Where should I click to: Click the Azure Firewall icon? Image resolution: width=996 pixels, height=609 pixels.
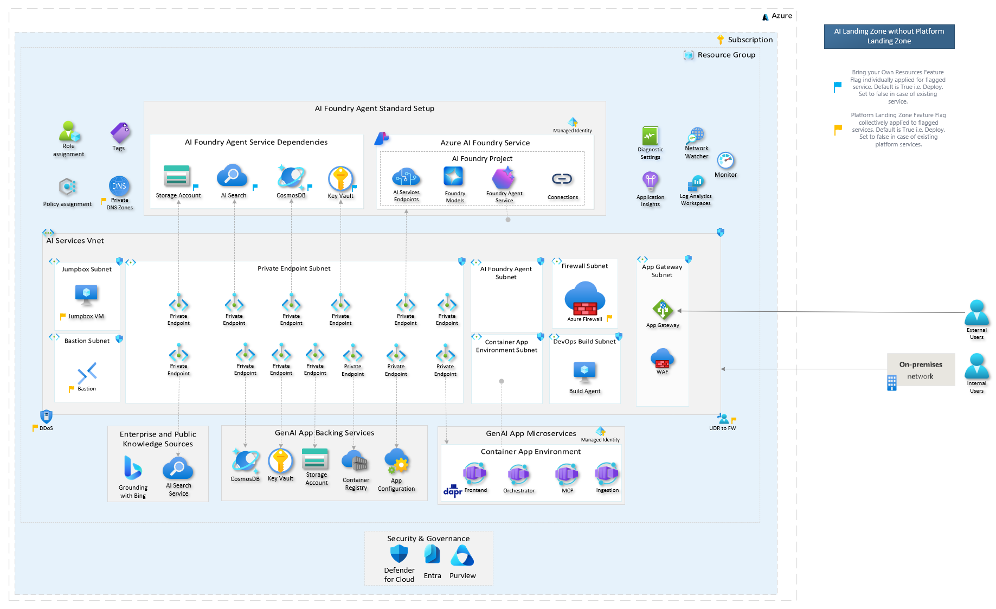pyautogui.click(x=584, y=298)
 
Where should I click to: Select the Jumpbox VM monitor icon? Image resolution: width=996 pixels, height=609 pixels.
pyautogui.click(x=86, y=294)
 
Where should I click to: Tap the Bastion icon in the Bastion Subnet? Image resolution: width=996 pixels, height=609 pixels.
pyautogui.click(x=87, y=373)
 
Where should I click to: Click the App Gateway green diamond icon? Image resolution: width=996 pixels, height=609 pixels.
pyautogui.click(x=663, y=310)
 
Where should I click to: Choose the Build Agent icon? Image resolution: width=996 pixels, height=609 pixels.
pyautogui.click(x=584, y=372)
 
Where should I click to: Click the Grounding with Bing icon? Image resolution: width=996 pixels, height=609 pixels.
pyautogui.click(x=132, y=467)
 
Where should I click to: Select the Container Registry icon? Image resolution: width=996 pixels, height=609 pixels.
pyautogui.click(x=355, y=461)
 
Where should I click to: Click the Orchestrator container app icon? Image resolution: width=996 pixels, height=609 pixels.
pyautogui.click(x=518, y=475)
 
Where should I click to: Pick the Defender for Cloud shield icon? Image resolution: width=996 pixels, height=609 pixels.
pyautogui.click(x=399, y=554)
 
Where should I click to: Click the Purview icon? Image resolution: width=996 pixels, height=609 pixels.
pyautogui.click(x=462, y=555)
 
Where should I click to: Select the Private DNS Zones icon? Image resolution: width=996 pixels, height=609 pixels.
pyautogui.click(x=119, y=186)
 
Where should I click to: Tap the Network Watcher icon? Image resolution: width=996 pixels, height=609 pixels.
pyautogui.click(x=696, y=134)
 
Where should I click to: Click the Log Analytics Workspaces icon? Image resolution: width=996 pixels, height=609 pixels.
pyautogui.click(x=696, y=183)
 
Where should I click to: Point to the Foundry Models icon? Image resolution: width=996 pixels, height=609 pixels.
pyautogui.click(x=454, y=177)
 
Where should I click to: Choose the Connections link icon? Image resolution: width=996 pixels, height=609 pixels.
pyautogui.click(x=562, y=179)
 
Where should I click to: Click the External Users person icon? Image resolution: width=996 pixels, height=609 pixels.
pyautogui.click(x=976, y=312)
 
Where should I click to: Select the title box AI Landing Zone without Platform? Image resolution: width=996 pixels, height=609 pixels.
pyautogui.click(x=889, y=36)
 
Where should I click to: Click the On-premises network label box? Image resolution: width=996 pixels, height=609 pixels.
pyautogui.click(x=921, y=370)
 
